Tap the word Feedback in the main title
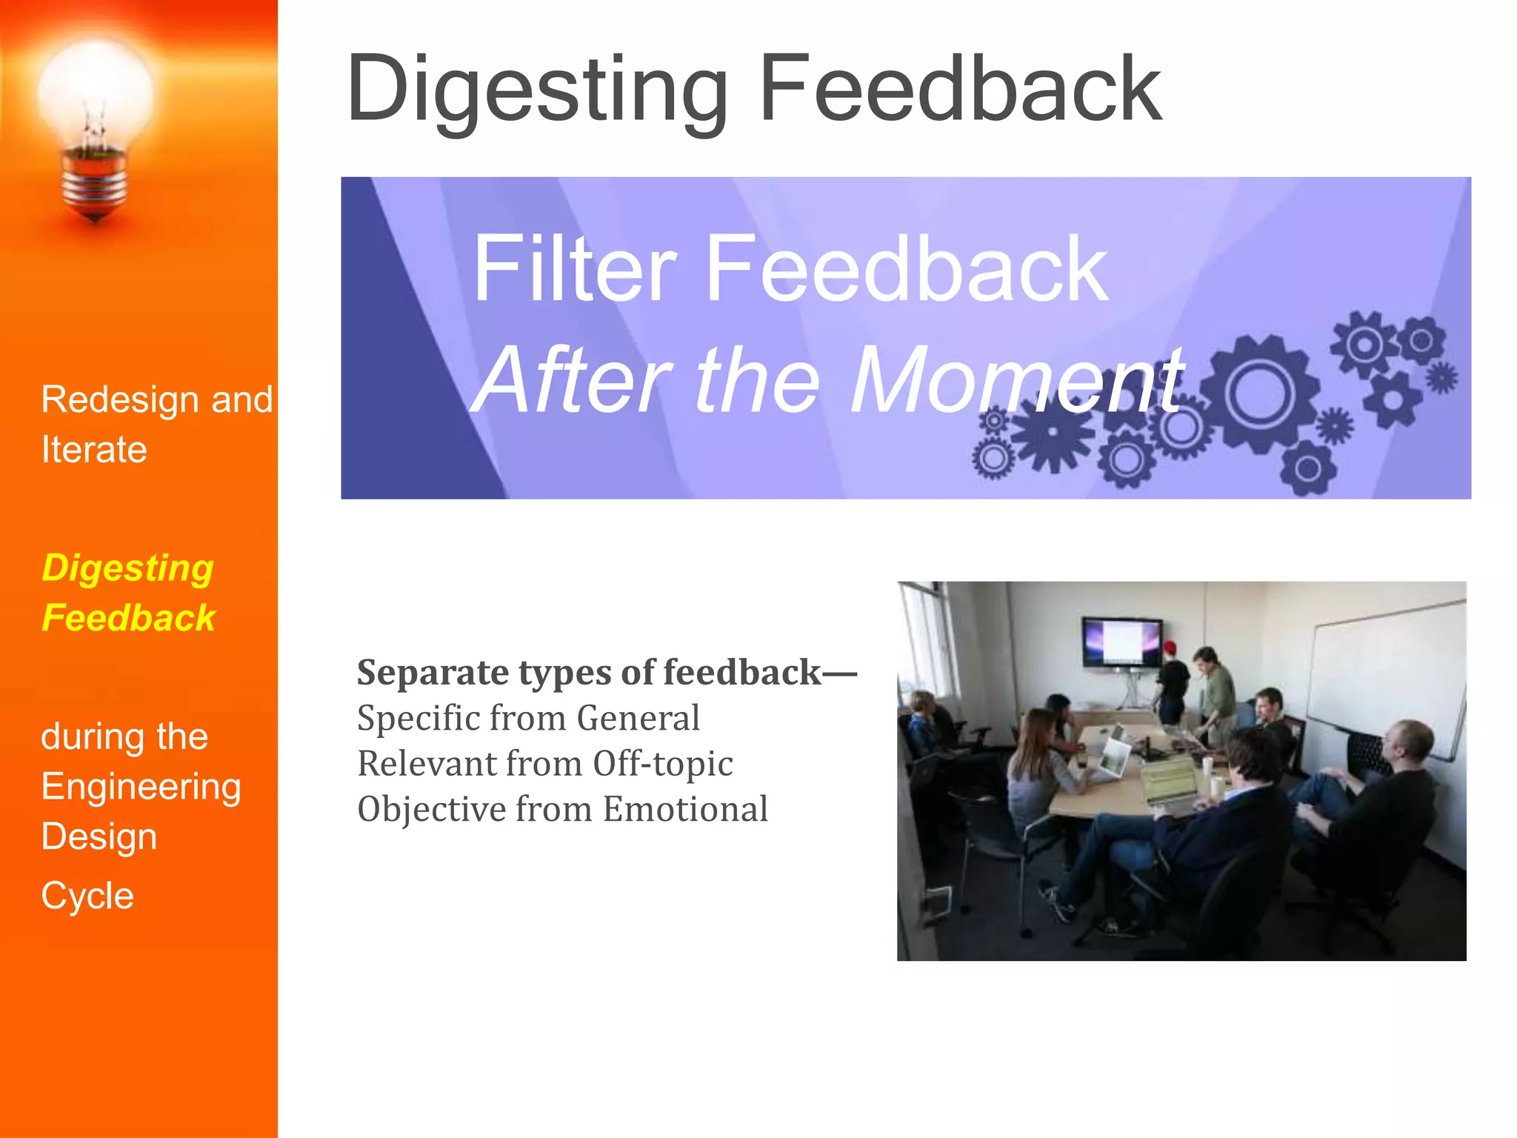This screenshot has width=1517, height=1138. [960, 89]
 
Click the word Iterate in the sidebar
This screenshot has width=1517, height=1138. [94, 450]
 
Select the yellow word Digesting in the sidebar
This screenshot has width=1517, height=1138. [127, 568]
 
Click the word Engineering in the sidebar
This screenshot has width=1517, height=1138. [141, 786]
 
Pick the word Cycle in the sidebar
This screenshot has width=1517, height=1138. [87, 896]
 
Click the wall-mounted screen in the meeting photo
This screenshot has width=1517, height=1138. [1121, 642]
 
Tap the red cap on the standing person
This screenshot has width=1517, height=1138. [1170, 647]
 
